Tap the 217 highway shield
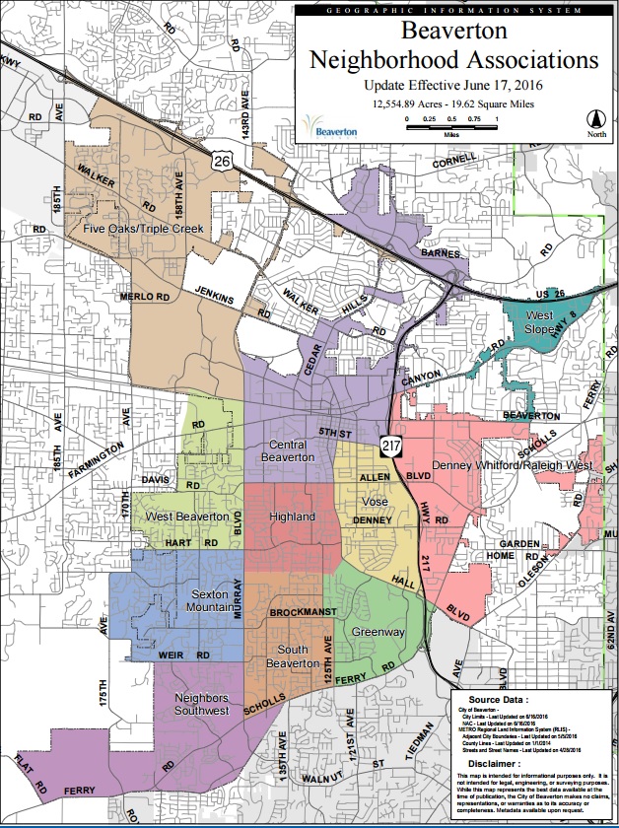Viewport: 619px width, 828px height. (391, 446)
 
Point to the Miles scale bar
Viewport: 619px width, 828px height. (451, 124)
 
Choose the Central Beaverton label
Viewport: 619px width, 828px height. (292, 450)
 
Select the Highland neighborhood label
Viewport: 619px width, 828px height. (292, 517)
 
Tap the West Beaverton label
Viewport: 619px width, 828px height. (187, 517)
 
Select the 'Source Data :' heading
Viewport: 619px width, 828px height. (506, 696)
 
